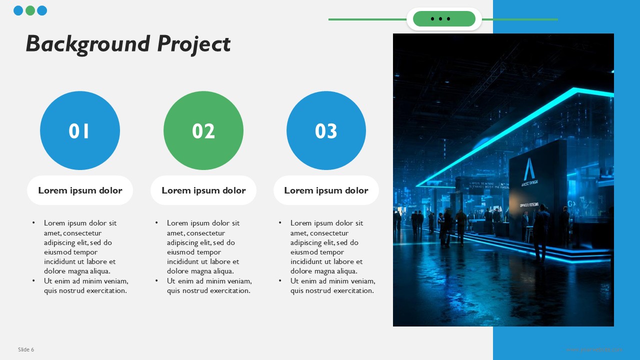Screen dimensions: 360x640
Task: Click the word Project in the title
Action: (x=193, y=44)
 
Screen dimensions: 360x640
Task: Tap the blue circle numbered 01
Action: (x=80, y=130)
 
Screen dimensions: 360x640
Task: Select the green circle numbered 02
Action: (x=203, y=130)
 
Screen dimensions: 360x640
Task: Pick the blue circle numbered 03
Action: (x=326, y=130)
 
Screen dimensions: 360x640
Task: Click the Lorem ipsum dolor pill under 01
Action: (x=80, y=190)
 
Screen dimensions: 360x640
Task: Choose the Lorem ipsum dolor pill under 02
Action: (x=203, y=190)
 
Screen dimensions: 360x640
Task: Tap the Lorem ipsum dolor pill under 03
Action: (x=326, y=190)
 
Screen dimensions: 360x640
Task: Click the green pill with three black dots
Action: (x=444, y=19)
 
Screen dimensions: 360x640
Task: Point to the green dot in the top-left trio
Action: (x=30, y=10)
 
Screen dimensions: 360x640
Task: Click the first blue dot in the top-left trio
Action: (x=18, y=10)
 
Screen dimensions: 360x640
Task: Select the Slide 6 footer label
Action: (x=26, y=349)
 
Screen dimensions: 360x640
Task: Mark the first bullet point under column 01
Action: (x=34, y=223)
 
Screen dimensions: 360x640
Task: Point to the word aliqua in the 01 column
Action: (x=99, y=271)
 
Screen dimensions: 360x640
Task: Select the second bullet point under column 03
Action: (x=280, y=281)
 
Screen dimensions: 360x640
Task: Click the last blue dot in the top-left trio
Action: (x=42, y=10)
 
